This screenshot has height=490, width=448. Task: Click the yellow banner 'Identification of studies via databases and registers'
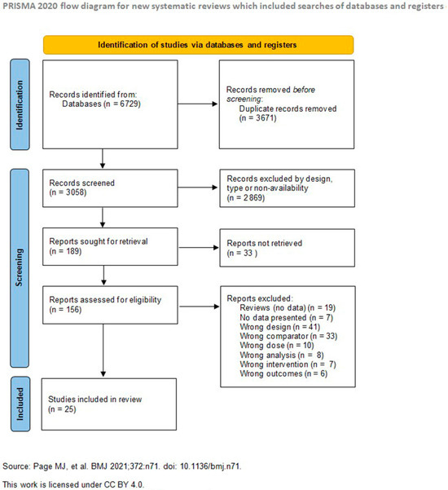[199, 45]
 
